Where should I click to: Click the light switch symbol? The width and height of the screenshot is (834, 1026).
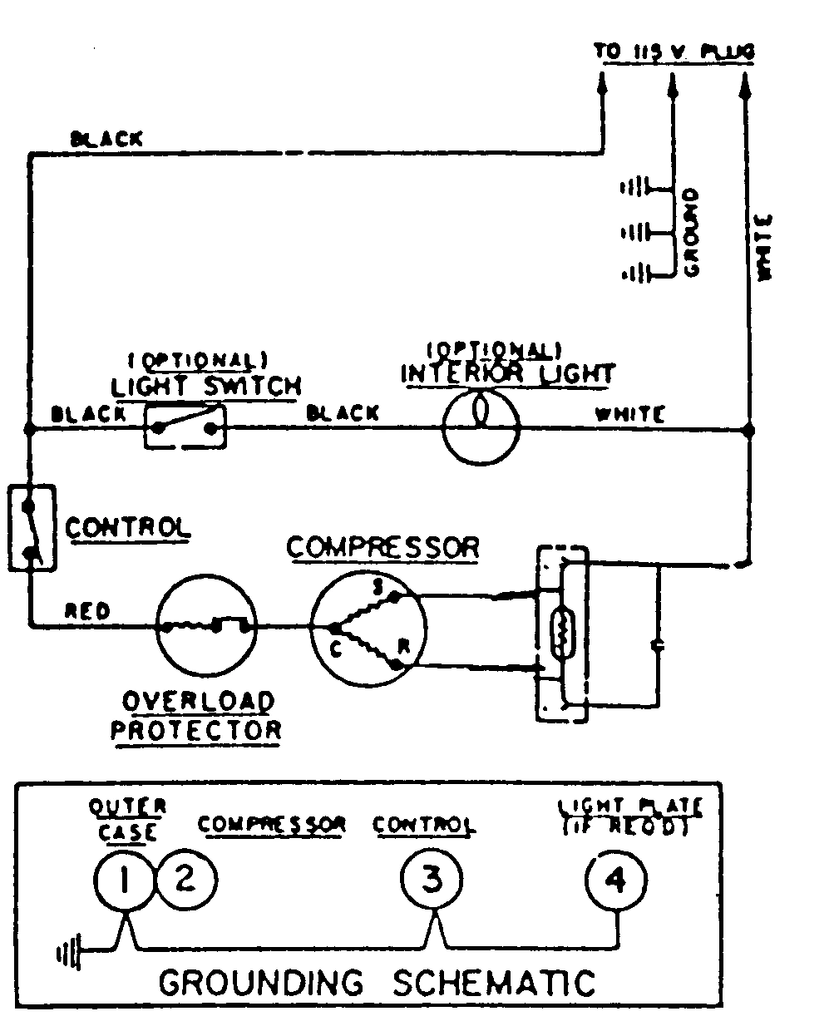point(185,427)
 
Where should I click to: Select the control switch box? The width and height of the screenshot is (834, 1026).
point(31,528)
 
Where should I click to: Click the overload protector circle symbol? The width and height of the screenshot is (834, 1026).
point(207,625)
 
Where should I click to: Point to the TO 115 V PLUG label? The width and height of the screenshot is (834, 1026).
point(674,52)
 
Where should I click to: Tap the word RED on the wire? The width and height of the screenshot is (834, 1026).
point(87,612)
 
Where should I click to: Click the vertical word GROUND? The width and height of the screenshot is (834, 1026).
point(691,232)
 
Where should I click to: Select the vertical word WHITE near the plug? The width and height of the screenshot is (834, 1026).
point(764,246)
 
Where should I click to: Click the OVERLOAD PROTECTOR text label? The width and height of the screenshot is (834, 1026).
point(197,716)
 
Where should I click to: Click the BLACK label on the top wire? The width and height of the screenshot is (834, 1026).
point(106,139)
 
